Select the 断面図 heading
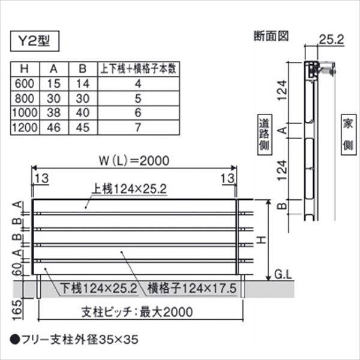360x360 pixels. (x=271, y=35)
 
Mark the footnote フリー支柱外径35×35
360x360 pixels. (x=77, y=339)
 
